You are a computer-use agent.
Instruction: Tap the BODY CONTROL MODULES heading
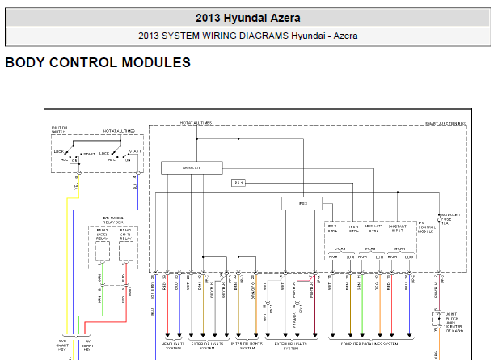click(x=98, y=62)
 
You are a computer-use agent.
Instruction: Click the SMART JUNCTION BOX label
click(x=445, y=124)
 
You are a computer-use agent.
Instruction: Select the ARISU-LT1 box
click(x=191, y=167)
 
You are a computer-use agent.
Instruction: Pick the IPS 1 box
click(x=238, y=183)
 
